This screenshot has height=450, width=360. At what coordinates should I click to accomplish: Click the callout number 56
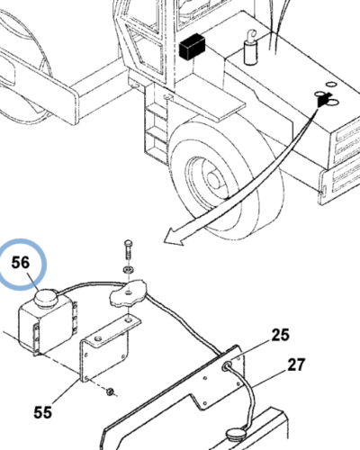21,263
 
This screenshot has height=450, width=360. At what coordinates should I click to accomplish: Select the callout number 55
42,412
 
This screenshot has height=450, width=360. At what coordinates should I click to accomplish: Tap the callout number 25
281,335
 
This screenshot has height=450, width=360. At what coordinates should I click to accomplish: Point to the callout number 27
296,365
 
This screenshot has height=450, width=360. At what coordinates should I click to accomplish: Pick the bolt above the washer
128,249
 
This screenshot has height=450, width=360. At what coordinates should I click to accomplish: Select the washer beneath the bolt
129,269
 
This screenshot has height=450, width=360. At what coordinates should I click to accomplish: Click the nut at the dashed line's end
110,391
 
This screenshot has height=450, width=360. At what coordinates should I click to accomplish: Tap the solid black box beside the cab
192,46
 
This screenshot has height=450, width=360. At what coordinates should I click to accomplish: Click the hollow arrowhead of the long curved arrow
174,237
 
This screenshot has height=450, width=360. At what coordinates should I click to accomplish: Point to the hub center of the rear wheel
212,179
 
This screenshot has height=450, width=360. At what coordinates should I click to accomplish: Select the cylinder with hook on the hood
250,48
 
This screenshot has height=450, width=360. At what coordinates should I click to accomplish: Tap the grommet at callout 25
227,366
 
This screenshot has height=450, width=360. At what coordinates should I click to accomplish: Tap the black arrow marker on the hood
323,99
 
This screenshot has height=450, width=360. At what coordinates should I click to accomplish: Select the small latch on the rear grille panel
324,191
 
